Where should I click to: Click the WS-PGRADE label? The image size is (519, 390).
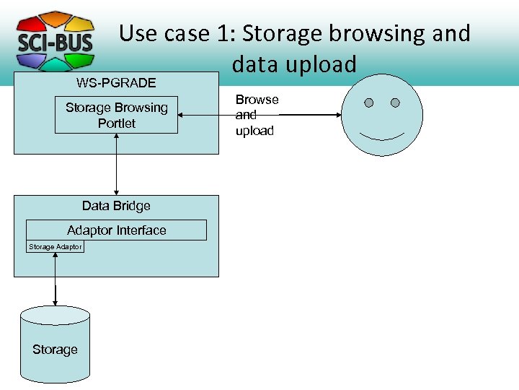coord(116,82)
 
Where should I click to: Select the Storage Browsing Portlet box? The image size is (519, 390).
coord(116,116)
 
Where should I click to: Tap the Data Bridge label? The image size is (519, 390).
coord(116,206)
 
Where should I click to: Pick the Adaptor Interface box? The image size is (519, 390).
coord(116,230)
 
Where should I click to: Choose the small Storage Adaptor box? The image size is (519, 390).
coord(55,247)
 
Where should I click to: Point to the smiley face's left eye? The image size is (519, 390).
coord(369,103)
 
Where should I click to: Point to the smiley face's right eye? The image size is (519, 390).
coord(395,103)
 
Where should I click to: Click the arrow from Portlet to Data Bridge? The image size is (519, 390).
coord(117,164)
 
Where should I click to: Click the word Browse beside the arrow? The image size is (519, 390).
coord(257,100)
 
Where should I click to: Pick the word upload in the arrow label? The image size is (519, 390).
coord(254,131)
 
